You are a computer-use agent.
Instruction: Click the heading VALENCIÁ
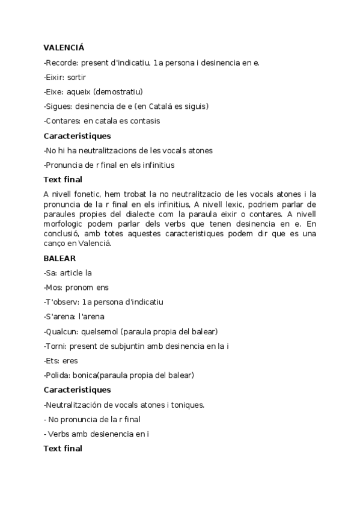64,47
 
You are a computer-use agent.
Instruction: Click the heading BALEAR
59,258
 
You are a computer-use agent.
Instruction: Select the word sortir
78,77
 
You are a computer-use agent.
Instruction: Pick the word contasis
146,121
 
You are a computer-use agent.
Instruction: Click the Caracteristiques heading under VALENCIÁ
77,136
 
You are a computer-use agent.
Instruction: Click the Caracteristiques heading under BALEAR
77,390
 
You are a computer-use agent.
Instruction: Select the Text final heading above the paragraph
63,179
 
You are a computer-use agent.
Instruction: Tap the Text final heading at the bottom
63,448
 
